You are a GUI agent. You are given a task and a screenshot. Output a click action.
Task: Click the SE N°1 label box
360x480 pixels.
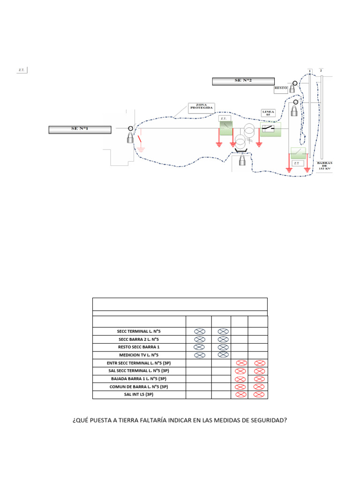pos(80,130)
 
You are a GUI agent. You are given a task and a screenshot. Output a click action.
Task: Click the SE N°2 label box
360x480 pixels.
pos(243,81)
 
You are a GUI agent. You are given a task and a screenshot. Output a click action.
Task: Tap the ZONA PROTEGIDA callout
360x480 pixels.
pos(201,108)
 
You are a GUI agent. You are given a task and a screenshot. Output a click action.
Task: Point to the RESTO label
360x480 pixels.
pos(281,88)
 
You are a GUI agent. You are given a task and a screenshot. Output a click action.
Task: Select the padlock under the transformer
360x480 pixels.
pos(242,161)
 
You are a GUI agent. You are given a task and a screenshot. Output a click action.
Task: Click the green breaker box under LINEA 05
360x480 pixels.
pos(270,129)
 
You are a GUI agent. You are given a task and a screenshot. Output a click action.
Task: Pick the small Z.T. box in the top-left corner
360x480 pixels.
pos(22,70)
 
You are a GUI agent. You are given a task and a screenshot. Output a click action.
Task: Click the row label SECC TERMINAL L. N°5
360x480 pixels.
pos(139,331)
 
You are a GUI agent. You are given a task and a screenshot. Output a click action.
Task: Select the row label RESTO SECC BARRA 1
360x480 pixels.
pos(139,347)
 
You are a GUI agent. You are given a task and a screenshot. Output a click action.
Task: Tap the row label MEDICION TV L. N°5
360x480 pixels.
pos(139,355)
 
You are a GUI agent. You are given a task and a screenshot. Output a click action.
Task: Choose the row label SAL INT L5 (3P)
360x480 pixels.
pos(139,395)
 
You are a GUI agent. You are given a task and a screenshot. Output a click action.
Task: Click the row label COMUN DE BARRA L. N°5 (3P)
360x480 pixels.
pos(139,387)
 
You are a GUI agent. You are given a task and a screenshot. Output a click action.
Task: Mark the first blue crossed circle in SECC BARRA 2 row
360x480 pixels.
pos(199,339)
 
